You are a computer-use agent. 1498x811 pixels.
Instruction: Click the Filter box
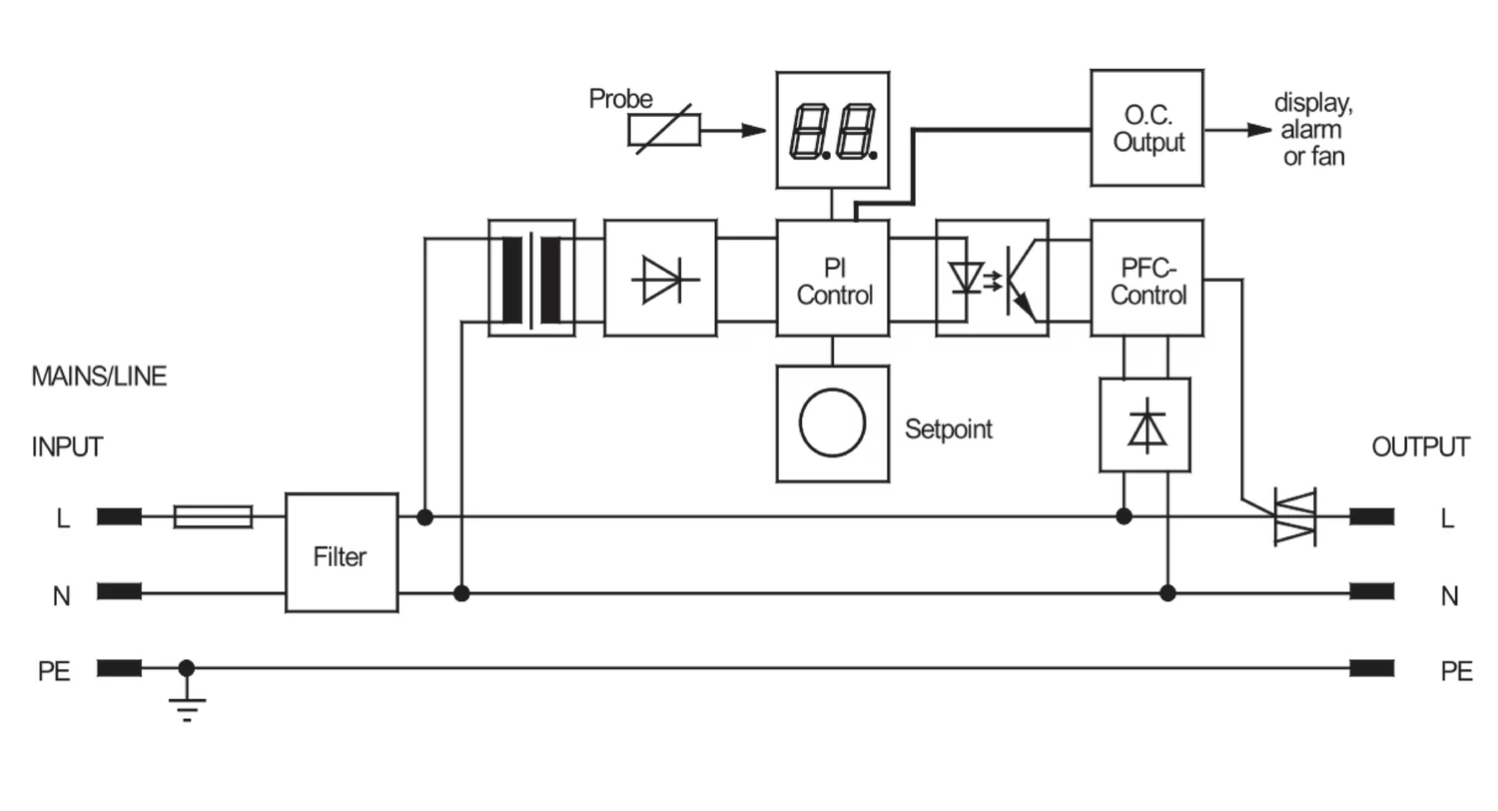point(342,553)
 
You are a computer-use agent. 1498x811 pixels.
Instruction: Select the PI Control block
point(833,278)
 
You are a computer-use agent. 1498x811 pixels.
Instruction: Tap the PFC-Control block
point(1146,278)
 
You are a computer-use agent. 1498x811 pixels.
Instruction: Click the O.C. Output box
point(1146,128)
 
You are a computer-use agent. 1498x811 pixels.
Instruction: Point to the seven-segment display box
point(833,130)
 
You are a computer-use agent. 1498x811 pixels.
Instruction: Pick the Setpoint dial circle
point(833,423)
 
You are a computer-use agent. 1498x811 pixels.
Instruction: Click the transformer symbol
point(531,278)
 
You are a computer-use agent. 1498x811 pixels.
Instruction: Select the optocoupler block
point(992,278)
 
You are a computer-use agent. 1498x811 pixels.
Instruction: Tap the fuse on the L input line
point(213,516)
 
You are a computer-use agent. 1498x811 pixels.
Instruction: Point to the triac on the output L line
point(1294,516)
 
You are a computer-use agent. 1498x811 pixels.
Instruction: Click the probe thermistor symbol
point(664,130)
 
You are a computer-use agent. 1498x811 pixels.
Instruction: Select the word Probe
point(620,99)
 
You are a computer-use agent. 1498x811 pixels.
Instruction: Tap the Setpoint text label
point(949,429)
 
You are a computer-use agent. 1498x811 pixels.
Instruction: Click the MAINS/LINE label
point(99,377)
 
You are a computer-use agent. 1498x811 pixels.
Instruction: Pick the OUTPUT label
point(1420,446)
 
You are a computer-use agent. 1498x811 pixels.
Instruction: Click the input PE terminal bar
point(119,668)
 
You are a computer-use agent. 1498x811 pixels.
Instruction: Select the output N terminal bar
point(1371,591)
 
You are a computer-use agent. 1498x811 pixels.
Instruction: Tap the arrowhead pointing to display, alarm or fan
point(1259,130)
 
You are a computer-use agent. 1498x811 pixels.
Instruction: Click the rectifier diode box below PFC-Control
point(1144,425)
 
